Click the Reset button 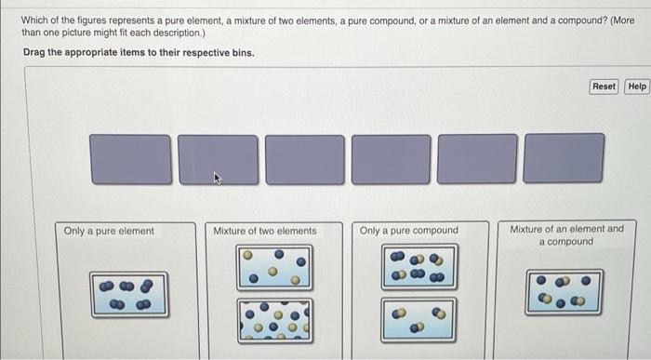[604, 87]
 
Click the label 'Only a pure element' [109, 231]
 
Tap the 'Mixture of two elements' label [265, 231]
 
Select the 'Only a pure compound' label [409, 231]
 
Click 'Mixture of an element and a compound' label [566, 234]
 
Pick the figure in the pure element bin [129, 293]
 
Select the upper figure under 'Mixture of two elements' [274, 267]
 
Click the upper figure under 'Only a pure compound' [418, 267]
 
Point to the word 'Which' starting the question [36, 20]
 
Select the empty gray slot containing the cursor [218, 159]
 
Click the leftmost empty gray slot [131, 159]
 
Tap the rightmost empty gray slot [563, 159]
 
